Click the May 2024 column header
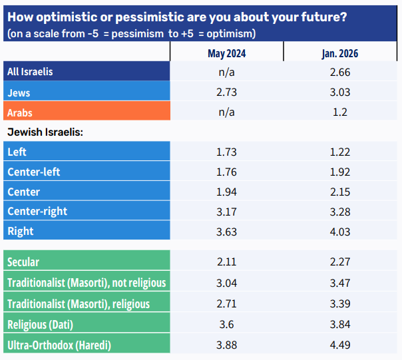[x=226, y=53]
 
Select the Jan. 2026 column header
[x=339, y=53]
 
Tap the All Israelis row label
[x=30, y=72]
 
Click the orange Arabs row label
[x=20, y=112]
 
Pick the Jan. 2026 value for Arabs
[x=339, y=112]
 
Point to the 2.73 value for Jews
[x=226, y=92]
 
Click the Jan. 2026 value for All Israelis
[x=339, y=72]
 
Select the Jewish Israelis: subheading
[x=45, y=132]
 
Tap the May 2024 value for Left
[x=226, y=152]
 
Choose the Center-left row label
[x=34, y=172]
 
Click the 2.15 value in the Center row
[x=339, y=192]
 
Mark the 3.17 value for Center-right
[x=226, y=212]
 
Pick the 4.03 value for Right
[x=339, y=232]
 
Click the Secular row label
[x=23, y=262]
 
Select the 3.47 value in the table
[x=339, y=283]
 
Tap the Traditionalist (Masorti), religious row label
[x=79, y=304]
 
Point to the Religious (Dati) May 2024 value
[x=226, y=325]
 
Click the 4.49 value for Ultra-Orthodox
[x=339, y=345]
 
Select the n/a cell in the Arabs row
[x=226, y=112]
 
